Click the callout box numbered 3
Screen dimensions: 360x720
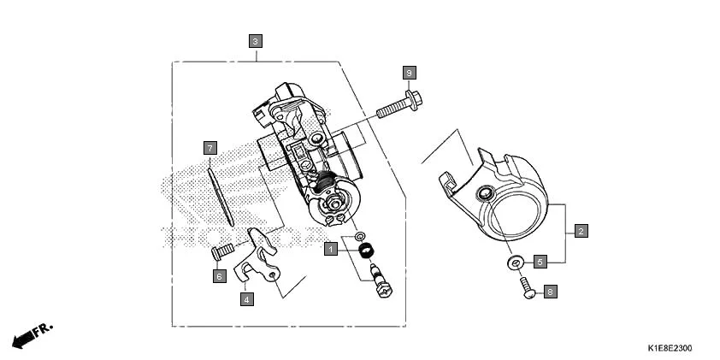(x=256, y=40)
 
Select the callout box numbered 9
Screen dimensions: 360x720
(x=410, y=73)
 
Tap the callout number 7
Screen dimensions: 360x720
(x=209, y=148)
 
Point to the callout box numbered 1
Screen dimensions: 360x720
(x=330, y=250)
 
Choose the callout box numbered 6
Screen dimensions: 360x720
(x=219, y=276)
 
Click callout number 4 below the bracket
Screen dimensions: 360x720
(x=245, y=299)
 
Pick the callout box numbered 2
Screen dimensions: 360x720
(x=581, y=232)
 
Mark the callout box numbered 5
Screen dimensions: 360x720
(x=540, y=263)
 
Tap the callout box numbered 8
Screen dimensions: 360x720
(x=549, y=292)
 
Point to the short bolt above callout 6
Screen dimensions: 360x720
(x=221, y=252)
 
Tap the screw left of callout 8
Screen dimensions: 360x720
(x=526, y=290)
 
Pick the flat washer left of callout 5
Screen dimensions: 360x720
(x=514, y=263)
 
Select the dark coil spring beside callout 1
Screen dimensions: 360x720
(x=368, y=250)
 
